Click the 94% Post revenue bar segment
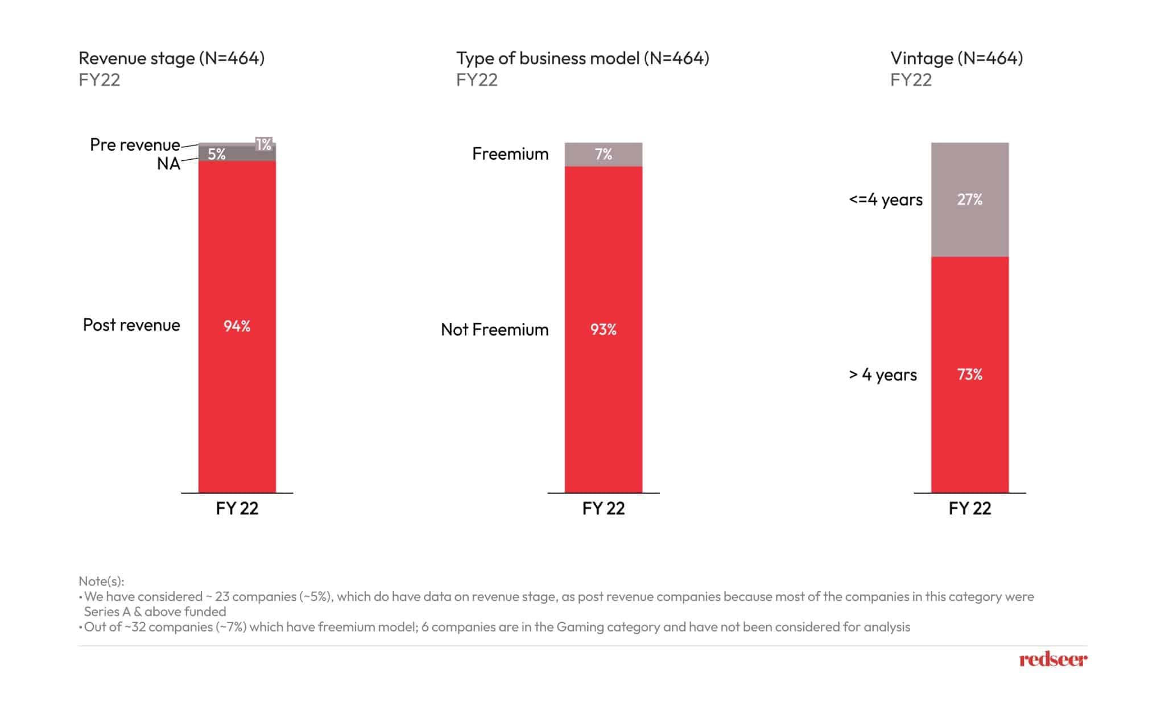click(x=237, y=326)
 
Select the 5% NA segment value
click(x=217, y=154)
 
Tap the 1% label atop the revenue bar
click(x=263, y=144)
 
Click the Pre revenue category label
click(x=135, y=145)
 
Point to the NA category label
click(x=168, y=164)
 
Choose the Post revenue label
click(x=131, y=325)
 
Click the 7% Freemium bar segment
click(x=603, y=154)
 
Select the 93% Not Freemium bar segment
click(x=603, y=330)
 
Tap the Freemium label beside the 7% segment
click(x=510, y=154)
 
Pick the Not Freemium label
click(x=494, y=330)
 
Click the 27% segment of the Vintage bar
click(x=969, y=200)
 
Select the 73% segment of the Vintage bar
click(x=969, y=375)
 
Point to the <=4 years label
click(x=885, y=200)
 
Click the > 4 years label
click(x=882, y=375)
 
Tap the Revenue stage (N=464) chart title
click(x=171, y=58)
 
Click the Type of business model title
click(x=582, y=58)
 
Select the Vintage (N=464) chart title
click(x=956, y=58)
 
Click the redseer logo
click(x=1052, y=659)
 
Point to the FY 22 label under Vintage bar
click(x=969, y=508)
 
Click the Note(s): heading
click(x=101, y=581)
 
